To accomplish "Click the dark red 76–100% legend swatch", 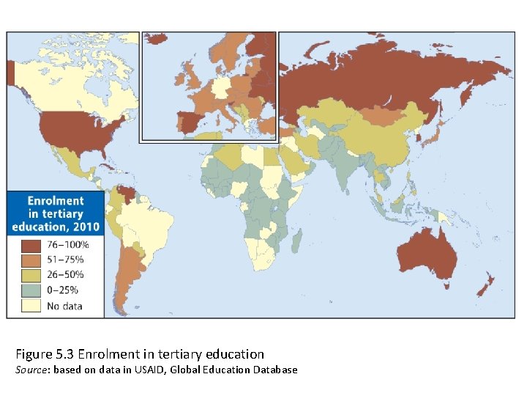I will click(x=30, y=245).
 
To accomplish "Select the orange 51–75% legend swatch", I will click(x=30, y=260).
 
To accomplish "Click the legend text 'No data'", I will click(x=64, y=307).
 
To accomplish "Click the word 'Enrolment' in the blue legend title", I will click(x=56, y=200).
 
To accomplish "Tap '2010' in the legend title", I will click(x=83, y=227).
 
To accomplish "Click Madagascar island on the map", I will click(x=298, y=237).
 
